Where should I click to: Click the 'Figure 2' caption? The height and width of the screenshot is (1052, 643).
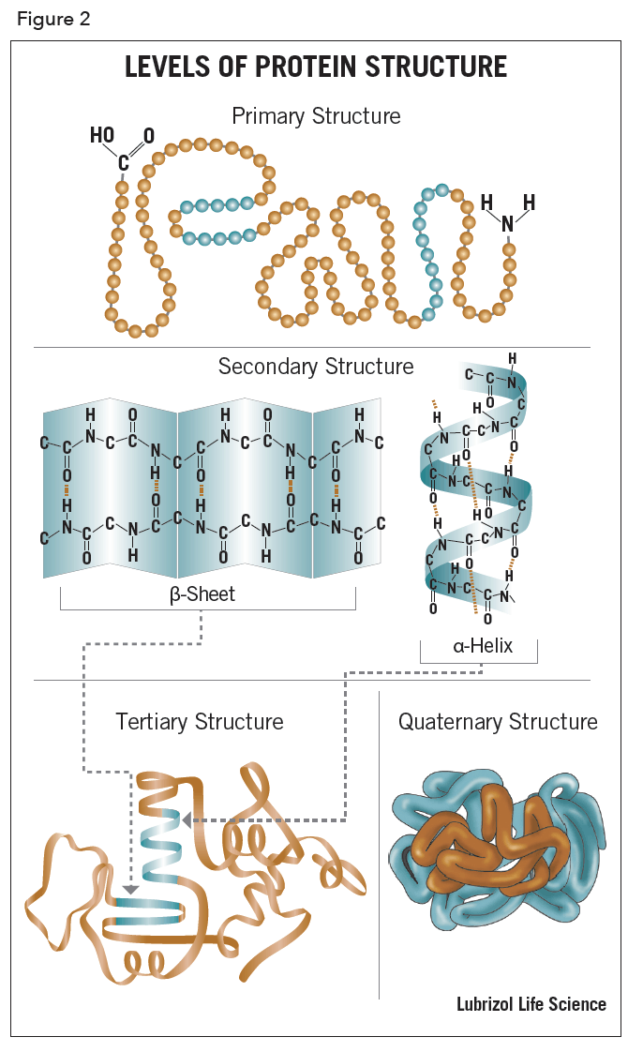[x=53, y=20]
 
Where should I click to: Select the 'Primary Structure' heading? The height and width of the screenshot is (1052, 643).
[x=316, y=116]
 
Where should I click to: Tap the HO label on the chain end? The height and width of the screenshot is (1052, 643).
[x=102, y=136]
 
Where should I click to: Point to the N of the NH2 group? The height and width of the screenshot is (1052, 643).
[x=508, y=224]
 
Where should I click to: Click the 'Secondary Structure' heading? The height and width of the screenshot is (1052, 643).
[x=316, y=366]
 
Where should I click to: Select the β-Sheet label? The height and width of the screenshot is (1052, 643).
[x=202, y=594]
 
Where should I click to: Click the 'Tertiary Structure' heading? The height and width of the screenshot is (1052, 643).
[x=200, y=721]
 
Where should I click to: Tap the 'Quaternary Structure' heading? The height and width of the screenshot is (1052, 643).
[x=498, y=721]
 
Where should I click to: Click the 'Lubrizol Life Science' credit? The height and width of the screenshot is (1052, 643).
[x=531, y=1004]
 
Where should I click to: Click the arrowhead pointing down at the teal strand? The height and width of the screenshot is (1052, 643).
[x=131, y=889]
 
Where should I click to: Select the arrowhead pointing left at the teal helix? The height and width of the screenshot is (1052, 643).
[x=187, y=819]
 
